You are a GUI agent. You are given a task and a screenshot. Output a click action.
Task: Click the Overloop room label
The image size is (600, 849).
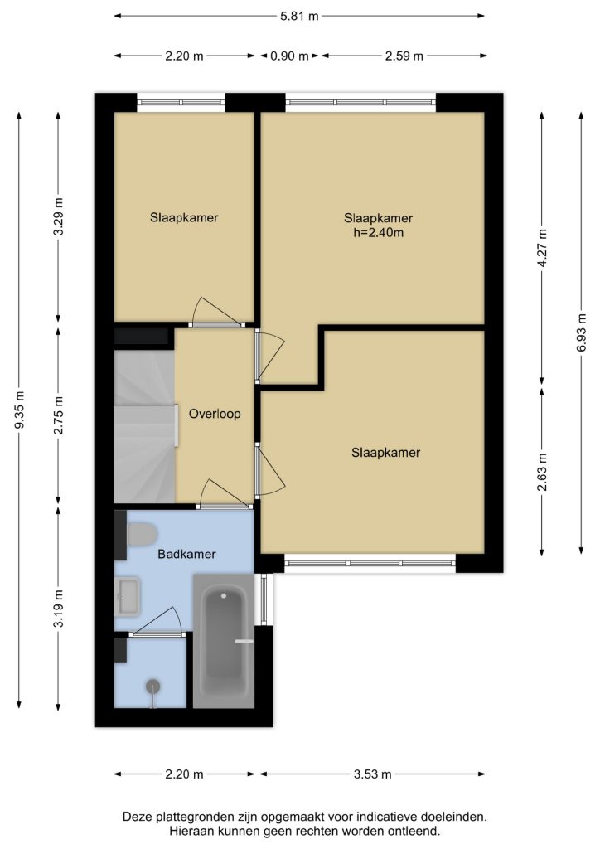point(215,414)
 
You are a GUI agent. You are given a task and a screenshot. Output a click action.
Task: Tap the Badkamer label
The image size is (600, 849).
point(186,554)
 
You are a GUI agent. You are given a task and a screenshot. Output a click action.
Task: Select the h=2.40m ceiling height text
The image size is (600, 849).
point(378,233)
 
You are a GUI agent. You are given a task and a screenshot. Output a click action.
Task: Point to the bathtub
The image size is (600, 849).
point(224,641)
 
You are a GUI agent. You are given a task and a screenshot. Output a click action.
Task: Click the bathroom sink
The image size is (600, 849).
point(127,596)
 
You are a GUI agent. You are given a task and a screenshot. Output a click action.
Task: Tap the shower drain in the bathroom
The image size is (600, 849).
point(153,686)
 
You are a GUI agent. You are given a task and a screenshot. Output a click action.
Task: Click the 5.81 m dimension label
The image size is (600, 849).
point(299,17)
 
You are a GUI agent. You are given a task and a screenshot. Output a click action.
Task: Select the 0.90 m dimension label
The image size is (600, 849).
point(289,56)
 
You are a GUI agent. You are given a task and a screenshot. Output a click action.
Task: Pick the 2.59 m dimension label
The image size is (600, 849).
point(404,56)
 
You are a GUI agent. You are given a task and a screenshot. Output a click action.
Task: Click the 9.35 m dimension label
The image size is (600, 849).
point(19,410)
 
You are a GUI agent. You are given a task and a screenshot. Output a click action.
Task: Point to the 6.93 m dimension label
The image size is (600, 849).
point(582,332)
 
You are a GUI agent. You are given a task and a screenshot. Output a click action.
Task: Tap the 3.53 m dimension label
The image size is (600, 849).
point(372,774)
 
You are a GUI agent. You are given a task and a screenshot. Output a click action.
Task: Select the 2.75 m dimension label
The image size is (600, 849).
point(59,415)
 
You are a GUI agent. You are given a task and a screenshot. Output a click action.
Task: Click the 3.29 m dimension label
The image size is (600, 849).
point(59,216)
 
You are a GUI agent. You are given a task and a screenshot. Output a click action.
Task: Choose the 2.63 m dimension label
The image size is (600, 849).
point(543,472)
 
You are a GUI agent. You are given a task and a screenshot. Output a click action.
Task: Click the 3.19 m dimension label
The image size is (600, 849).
point(59,608)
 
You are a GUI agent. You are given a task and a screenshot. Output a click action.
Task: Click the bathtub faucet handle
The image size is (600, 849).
point(244,641)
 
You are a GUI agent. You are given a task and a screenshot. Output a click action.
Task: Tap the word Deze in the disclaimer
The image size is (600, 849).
point(136,817)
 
